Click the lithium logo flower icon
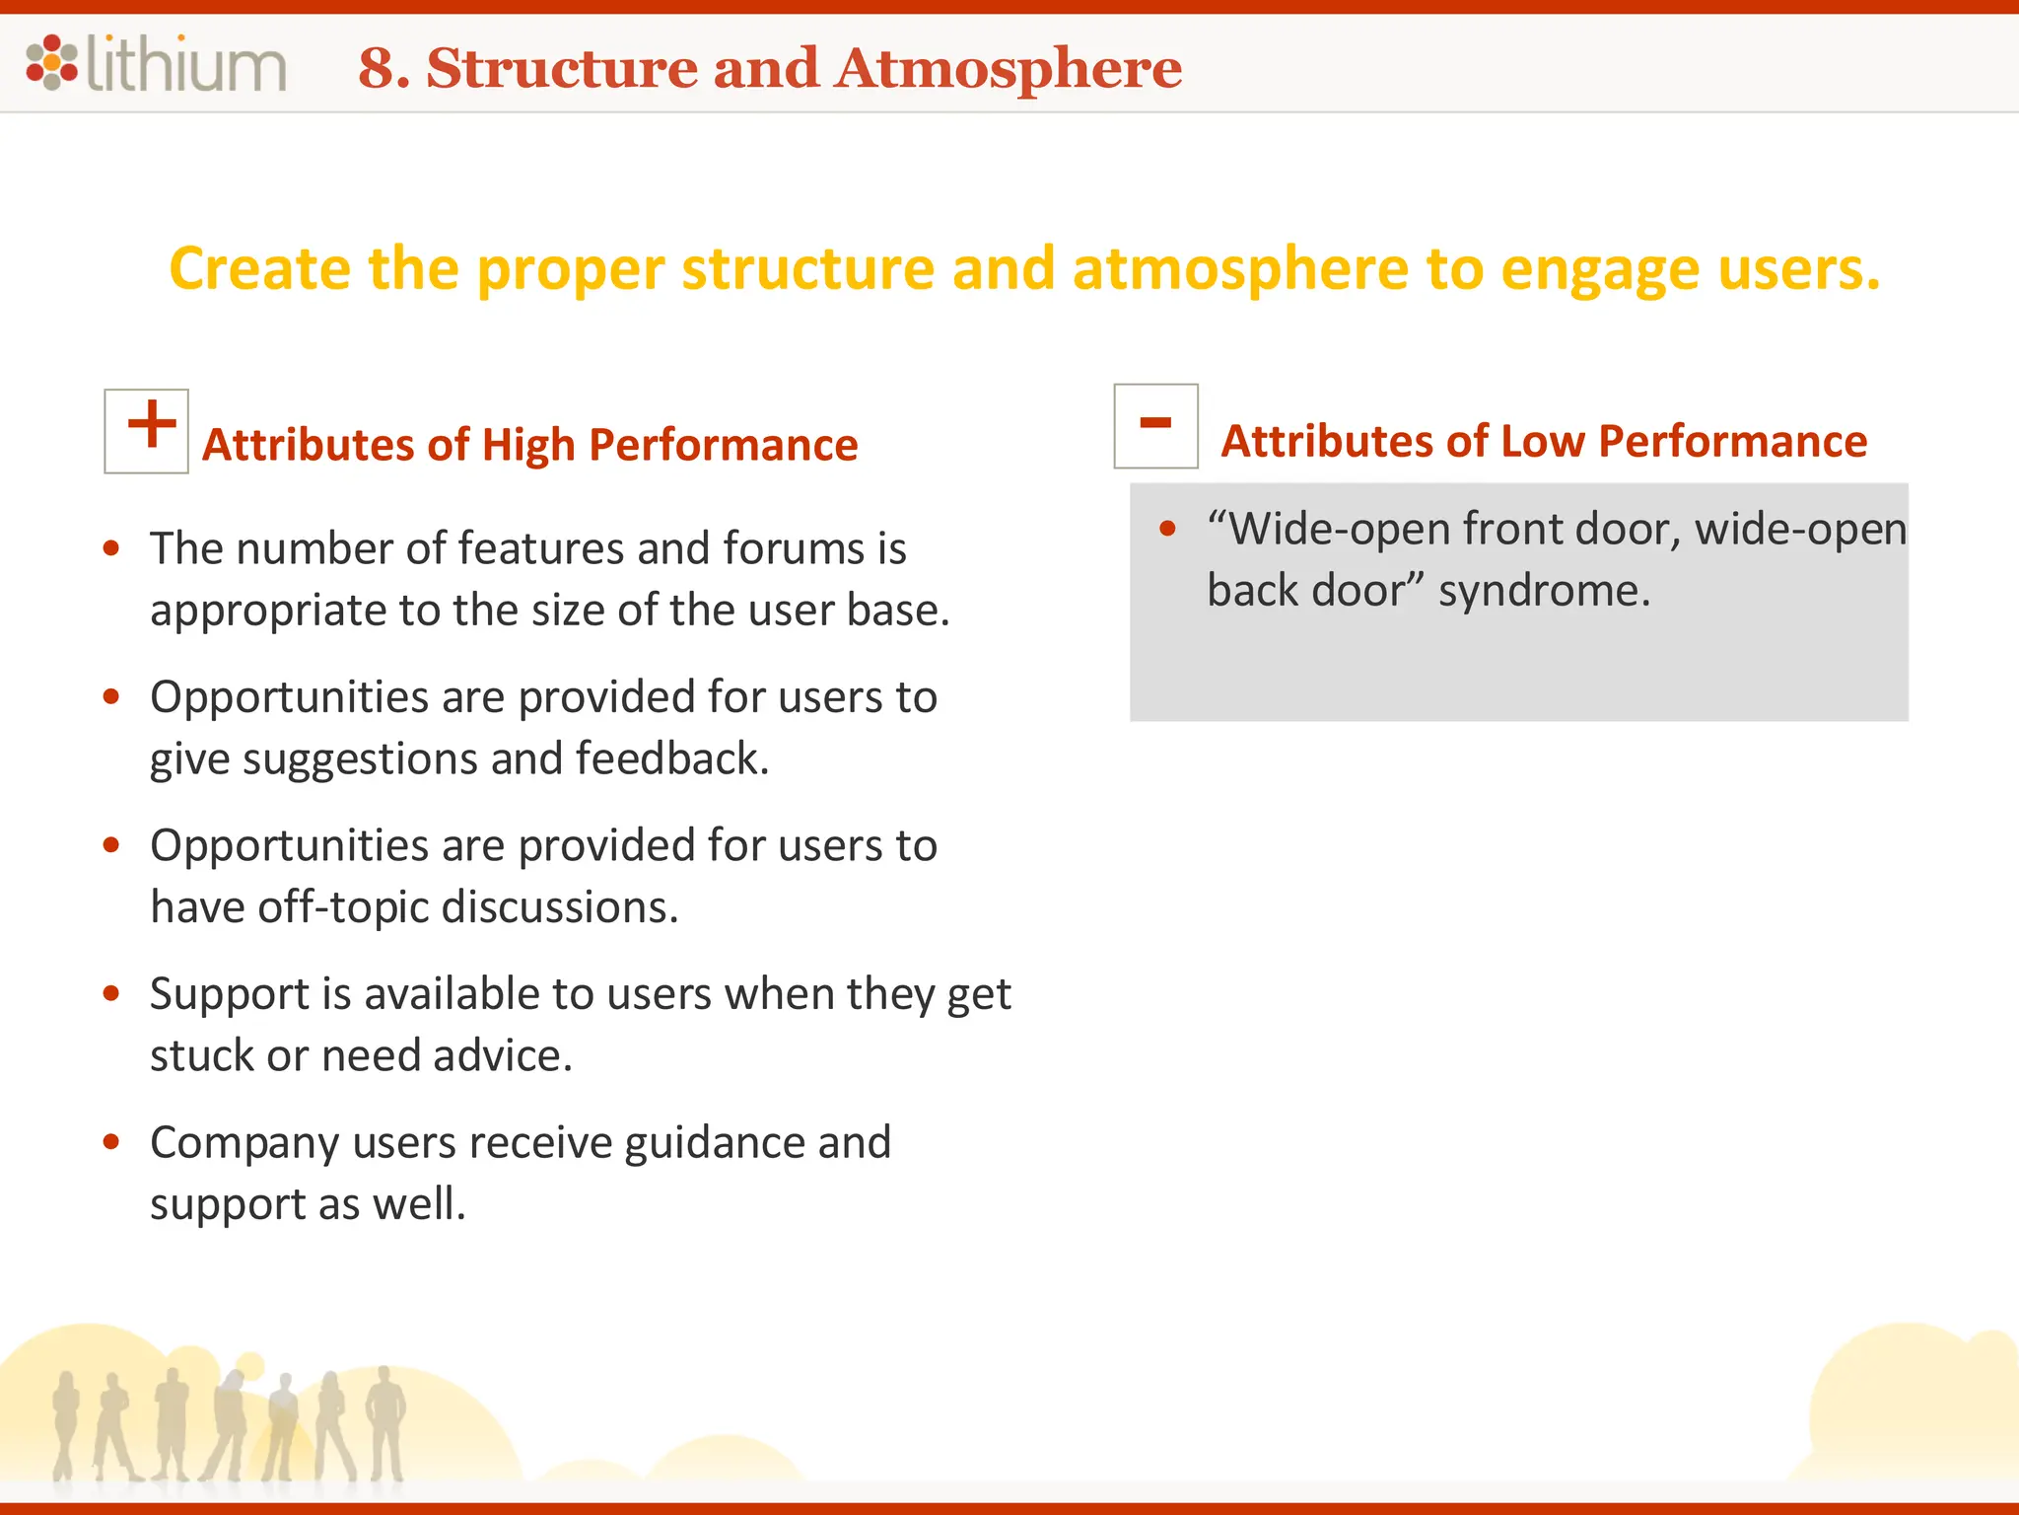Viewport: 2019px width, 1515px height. coord(51,62)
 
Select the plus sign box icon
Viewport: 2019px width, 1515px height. coord(147,431)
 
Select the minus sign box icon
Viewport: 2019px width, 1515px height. coord(1155,426)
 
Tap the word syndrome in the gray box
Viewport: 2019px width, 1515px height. coord(1543,592)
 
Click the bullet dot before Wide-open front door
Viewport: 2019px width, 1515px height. coord(1168,530)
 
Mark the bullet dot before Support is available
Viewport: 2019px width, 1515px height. coord(111,993)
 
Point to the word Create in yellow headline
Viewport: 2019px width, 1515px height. coord(259,269)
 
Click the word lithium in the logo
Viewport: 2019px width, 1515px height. coord(186,65)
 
